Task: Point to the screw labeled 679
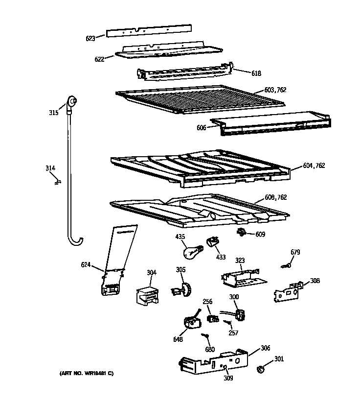pos(288,265)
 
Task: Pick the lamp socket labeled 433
pos(212,241)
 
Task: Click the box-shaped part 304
pos(147,296)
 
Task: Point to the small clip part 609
pos(242,233)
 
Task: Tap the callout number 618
pos(256,73)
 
